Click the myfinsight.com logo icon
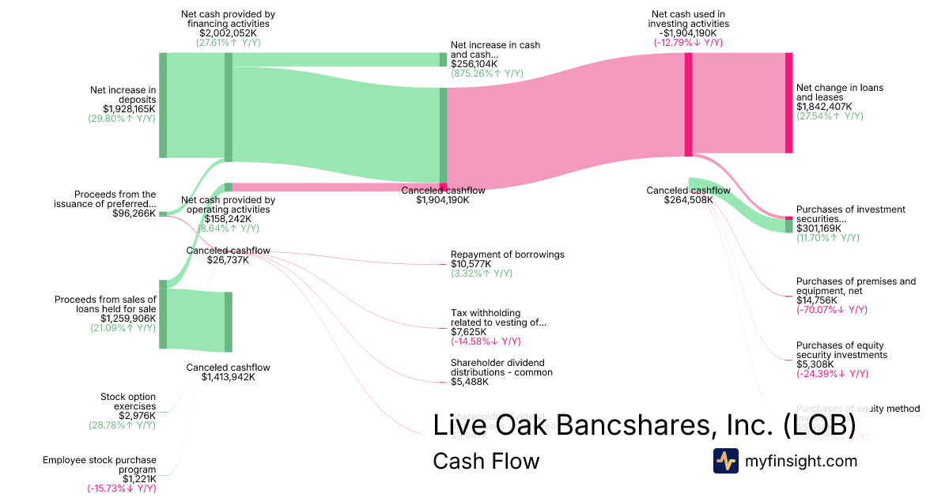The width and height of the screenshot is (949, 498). click(726, 461)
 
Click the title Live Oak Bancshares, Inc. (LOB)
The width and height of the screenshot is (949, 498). click(645, 424)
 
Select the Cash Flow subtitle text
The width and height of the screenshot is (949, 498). click(486, 461)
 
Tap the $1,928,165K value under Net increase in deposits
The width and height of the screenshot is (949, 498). click(129, 109)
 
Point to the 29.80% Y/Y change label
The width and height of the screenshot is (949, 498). click(122, 119)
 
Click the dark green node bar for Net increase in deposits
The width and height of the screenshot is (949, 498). click(163, 105)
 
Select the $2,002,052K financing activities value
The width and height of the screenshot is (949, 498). click(228, 33)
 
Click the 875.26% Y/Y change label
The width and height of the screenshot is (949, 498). click(487, 74)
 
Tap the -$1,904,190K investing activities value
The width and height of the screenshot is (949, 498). click(688, 33)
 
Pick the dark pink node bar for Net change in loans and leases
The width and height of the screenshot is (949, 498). click(788, 103)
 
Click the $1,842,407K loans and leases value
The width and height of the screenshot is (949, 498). click(824, 107)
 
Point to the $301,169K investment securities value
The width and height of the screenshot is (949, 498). click(818, 228)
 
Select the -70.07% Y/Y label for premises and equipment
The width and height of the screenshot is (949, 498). click(831, 310)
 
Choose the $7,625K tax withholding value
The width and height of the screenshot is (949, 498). click(467, 332)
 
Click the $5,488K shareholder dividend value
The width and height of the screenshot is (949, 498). click(470, 382)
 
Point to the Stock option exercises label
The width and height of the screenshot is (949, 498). click(127, 402)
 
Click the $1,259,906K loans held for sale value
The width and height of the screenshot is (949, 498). click(129, 319)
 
